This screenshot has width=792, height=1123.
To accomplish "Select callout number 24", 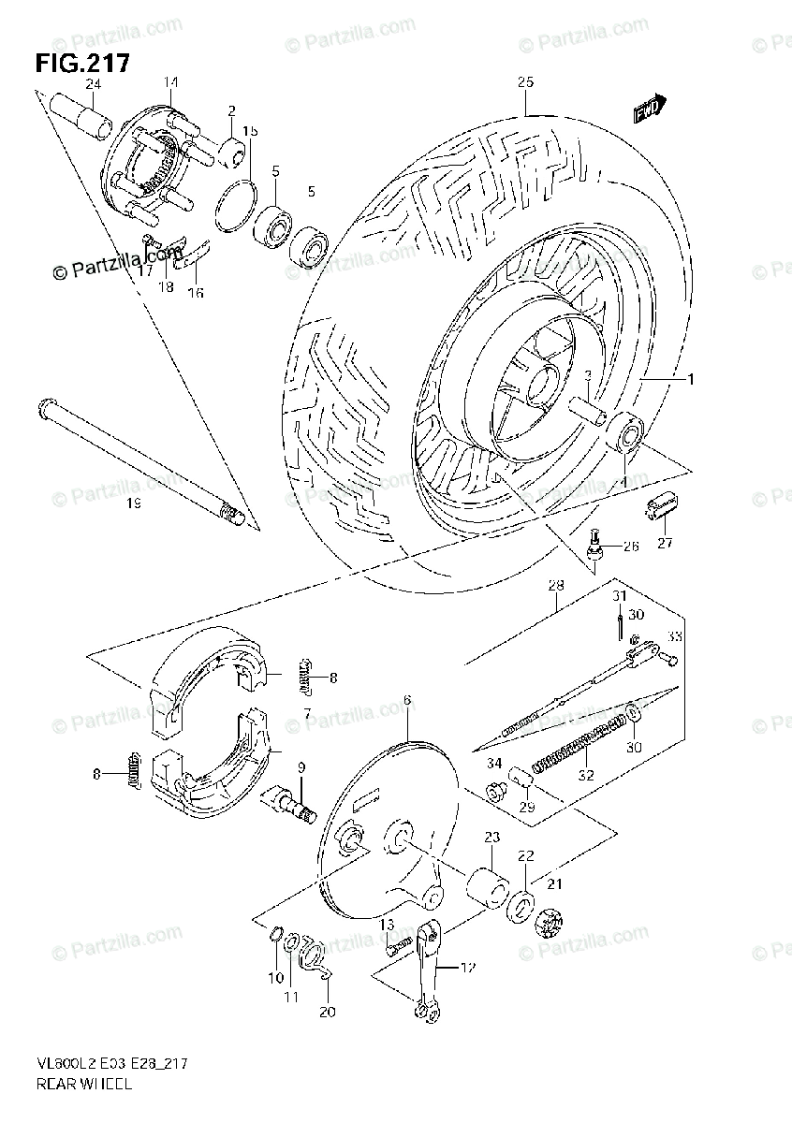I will [x=92, y=83].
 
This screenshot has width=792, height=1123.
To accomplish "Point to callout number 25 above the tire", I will [x=524, y=83].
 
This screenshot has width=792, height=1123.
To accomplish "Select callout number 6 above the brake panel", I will [x=408, y=700].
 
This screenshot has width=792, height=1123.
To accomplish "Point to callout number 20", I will [x=328, y=1012].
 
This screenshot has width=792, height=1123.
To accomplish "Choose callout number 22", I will [x=524, y=856].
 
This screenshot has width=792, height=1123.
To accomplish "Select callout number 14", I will [x=169, y=83].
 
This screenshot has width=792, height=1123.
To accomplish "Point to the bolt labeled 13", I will [x=398, y=946].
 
